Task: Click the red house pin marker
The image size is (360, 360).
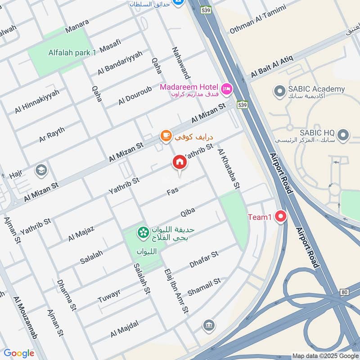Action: (179, 162)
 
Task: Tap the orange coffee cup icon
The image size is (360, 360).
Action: (166, 135)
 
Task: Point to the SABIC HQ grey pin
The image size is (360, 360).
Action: (343, 134)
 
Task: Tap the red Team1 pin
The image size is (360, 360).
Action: (281, 216)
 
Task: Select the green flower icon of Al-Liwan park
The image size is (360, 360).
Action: (143, 232)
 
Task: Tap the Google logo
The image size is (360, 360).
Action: (19, 353)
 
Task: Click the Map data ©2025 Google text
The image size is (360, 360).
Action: (325, 355)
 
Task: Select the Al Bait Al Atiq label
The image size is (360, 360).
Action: (272, 66)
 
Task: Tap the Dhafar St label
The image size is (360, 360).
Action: (204, 260)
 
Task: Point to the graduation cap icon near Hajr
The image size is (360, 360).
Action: (41, 170)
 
